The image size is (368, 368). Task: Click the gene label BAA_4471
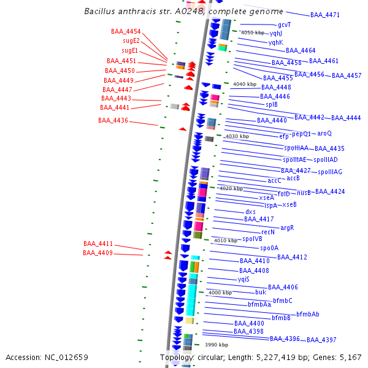point(325,15)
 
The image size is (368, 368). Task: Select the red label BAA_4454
point(126,32)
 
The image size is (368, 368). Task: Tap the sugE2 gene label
point(131,41)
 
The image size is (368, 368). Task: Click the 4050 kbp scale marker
point(253,33)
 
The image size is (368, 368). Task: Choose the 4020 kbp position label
point(231,188)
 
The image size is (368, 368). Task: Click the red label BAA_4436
point(113,121)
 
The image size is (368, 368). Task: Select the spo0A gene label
point(269,248)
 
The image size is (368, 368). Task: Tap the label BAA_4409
point(98,253)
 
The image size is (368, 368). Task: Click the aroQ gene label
point(324,133)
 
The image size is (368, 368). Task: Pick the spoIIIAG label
point(330,172)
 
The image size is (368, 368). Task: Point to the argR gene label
point(287,228)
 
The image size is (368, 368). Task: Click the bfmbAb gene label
point(308,314)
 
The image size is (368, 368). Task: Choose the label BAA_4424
point(330,192)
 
